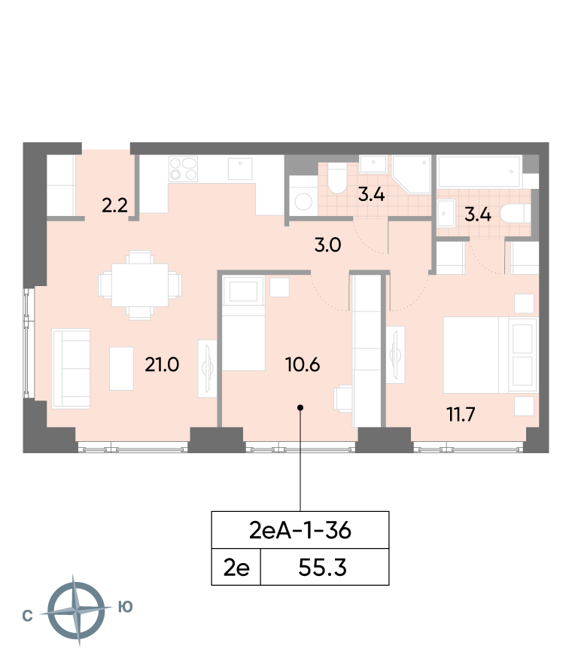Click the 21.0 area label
(162, 365)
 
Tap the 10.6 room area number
(303, 365)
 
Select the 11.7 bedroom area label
(461, 415)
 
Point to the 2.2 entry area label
(114, 206)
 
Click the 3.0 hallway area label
(327, 245)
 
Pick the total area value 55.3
(323, 568)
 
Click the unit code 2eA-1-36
(300, 530)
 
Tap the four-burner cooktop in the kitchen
(183, 169)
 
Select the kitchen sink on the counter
(240, 169)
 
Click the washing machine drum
(303, 202)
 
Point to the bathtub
(479, 171)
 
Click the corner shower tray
(411, 175)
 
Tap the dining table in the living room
(140, 285)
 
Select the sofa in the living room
(71, 368)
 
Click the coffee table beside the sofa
(121, 368)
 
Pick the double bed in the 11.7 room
(489, 355)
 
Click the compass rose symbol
(76, 611)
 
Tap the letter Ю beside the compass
(126, 607)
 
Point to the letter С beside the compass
(27, 616)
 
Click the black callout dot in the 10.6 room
(300, 407)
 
